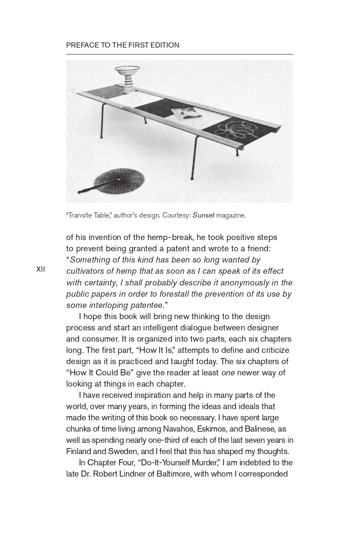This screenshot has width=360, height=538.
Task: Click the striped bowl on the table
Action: point(127,78)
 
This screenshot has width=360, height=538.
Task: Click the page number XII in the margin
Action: point(41,269)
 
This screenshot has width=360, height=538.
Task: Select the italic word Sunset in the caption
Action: point(203,215)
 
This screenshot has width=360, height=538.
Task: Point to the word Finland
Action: point(79,451)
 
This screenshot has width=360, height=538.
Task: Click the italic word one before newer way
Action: point(228,372)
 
